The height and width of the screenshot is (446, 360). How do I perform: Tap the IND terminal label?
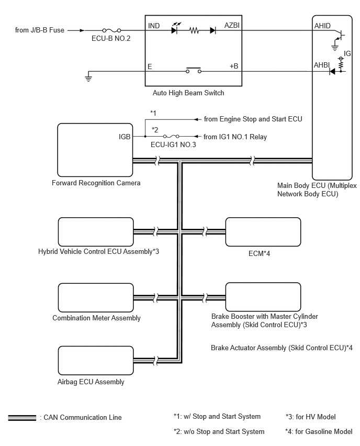[x=154, y=25]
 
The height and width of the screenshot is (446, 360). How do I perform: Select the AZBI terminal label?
[x=233, y=25]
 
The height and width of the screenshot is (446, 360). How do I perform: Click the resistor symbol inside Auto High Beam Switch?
[x=194, y=31]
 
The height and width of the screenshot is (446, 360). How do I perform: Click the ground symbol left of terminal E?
[x=88, y=79]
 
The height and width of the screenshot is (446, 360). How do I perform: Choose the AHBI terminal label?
[x=321, y=66]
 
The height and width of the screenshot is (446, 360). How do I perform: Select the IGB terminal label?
[x=125, y=137]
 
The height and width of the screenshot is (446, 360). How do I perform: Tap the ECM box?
[x=263, y=231]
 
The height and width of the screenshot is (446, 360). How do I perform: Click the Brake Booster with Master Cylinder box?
[x=263, y=297]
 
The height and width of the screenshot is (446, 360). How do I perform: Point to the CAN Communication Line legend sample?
[x=22, y=417]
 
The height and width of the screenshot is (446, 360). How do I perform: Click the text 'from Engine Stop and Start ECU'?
[x=253, y=119]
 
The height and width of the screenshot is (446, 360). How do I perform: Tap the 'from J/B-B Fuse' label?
[x=40, y=30]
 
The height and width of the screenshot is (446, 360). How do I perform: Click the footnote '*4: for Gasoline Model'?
[x=319, y=432]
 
